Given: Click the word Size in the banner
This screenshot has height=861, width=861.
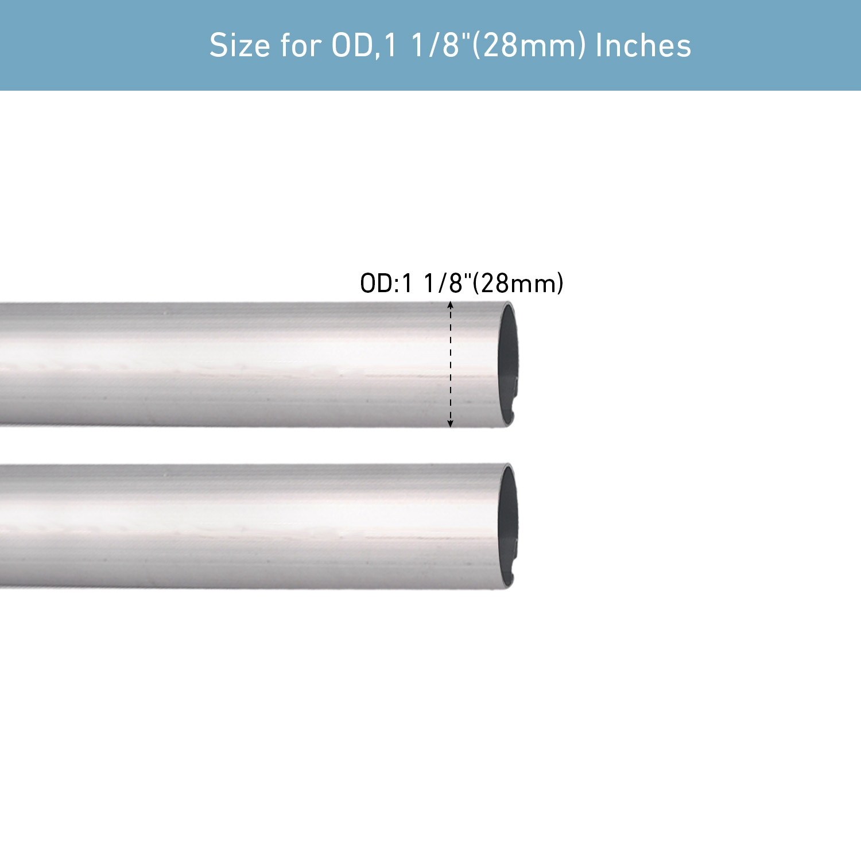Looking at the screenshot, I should point(240,45).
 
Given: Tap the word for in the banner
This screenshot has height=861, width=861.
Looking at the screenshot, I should point(300,45).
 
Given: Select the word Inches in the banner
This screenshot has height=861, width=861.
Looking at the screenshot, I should point(643,45).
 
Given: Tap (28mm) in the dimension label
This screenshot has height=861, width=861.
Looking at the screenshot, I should point(518,284).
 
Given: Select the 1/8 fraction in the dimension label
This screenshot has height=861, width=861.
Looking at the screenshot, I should point(443,284).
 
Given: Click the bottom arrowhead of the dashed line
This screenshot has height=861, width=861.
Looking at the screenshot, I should point(451,424).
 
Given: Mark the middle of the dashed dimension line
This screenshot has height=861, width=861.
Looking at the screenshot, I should point(451,364).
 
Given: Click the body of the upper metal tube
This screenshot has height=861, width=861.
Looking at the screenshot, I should point(230,364).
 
